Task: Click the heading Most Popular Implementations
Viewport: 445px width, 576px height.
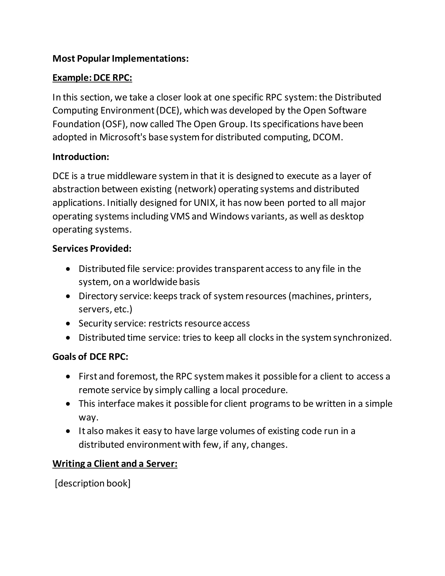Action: coord(120,58)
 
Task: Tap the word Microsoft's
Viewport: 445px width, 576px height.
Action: coord(123,137)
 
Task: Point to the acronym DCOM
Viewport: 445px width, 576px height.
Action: coord(326,137)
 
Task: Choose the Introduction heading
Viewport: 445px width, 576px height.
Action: coord(81,157)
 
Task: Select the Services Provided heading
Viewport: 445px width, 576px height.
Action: coord(92,248)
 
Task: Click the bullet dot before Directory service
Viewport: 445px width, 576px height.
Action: coord(68,296)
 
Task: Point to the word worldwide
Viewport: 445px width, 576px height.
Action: coord(154,282)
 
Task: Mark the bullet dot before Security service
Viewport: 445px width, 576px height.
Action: coord(68,324)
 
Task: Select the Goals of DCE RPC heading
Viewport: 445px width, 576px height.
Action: coord(90,356)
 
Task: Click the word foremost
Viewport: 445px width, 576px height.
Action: coord(138,376)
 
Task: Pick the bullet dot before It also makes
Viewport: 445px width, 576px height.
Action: coord(68,431)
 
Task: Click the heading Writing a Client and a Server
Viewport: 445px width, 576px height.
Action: coord(115,464)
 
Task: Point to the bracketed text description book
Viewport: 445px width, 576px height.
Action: coord(93,483)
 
